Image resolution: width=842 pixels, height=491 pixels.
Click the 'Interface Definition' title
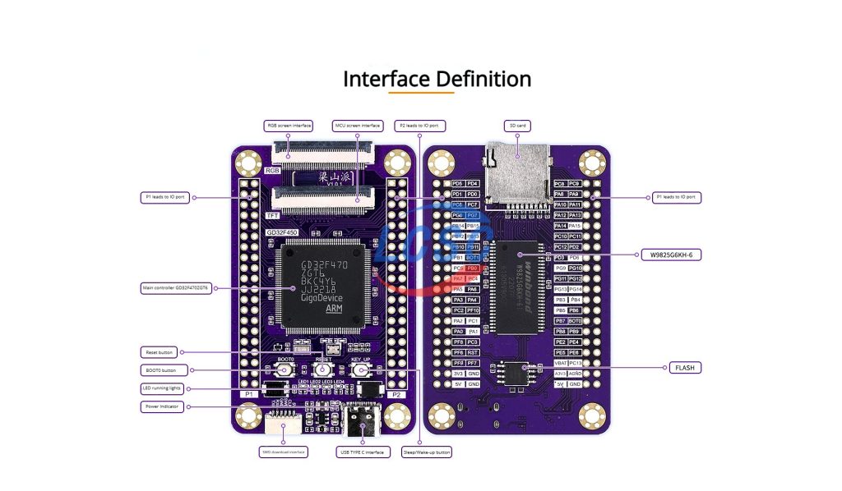point(437,79)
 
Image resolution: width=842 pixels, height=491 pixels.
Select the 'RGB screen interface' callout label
point(288,126)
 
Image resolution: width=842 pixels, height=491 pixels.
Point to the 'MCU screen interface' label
point(358,126)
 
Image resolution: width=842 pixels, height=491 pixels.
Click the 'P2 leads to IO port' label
point(419,126)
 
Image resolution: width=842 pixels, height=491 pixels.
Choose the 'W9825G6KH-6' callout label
point(671,255)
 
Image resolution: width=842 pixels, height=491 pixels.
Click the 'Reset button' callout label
point(160,352)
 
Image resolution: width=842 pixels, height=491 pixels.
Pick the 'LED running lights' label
point(165,388)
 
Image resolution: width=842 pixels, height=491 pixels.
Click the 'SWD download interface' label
point(284,452)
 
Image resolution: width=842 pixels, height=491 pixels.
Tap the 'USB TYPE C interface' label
point(362,452)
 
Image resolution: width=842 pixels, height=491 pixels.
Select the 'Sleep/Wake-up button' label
point(427,452)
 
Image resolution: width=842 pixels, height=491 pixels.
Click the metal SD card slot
point(516,173)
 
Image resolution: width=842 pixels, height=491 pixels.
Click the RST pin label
point(474,351)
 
